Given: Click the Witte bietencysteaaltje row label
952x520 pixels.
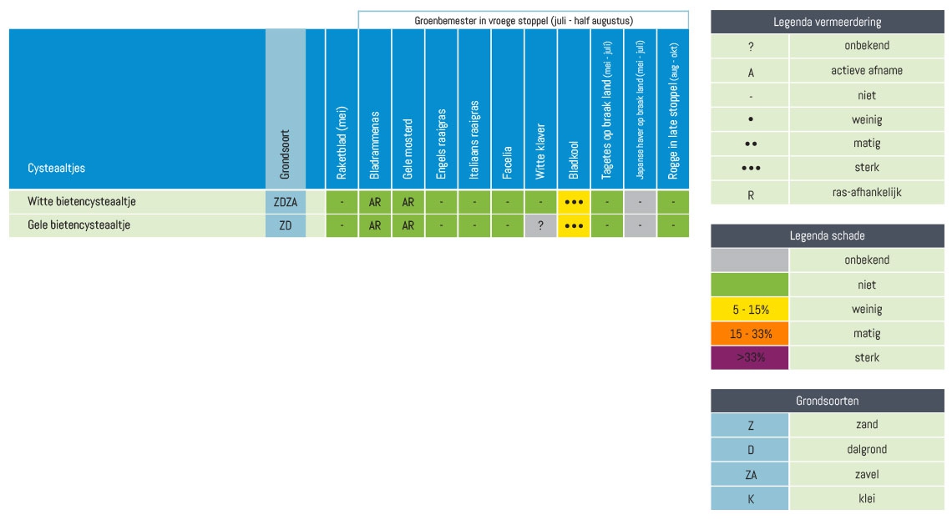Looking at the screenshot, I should click(x=82, y=201).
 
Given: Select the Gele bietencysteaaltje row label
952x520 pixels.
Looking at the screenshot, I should click(x=78, y=225).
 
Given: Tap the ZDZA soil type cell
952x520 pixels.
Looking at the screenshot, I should click(x=286, y=201).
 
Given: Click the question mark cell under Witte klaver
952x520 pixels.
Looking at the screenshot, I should click(x=540, y=225).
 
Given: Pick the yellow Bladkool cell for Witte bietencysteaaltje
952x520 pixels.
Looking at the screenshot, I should click(x=574, y=201).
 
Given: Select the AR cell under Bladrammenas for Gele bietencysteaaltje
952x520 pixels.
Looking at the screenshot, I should click(x=375, y=225).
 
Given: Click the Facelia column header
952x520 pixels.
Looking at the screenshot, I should click(x=507, y=162).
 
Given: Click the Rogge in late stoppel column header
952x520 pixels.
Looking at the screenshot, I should click(x=673, y=110).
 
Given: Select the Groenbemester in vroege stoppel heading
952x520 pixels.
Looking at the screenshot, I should click(x=524, y=20).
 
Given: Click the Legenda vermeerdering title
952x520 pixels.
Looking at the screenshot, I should click(x=827, y=23).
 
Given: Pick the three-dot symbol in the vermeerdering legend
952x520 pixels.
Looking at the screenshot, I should click(x=751, y=168).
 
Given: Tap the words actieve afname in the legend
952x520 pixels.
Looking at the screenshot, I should click(x=866, y=71).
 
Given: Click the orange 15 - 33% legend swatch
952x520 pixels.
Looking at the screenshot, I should click(x=750, y=334).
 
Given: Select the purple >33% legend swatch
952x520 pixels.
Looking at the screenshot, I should click(x=750, y=358).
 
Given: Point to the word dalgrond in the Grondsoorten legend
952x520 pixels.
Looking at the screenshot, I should click(x=866, y=450).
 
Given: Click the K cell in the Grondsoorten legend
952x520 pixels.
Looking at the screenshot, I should click(x=750, y=499).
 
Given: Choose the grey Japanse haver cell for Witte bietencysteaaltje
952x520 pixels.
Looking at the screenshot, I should click(x=640, y=201).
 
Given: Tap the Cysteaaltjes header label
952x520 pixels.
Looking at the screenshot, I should click(x=57, y=168).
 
